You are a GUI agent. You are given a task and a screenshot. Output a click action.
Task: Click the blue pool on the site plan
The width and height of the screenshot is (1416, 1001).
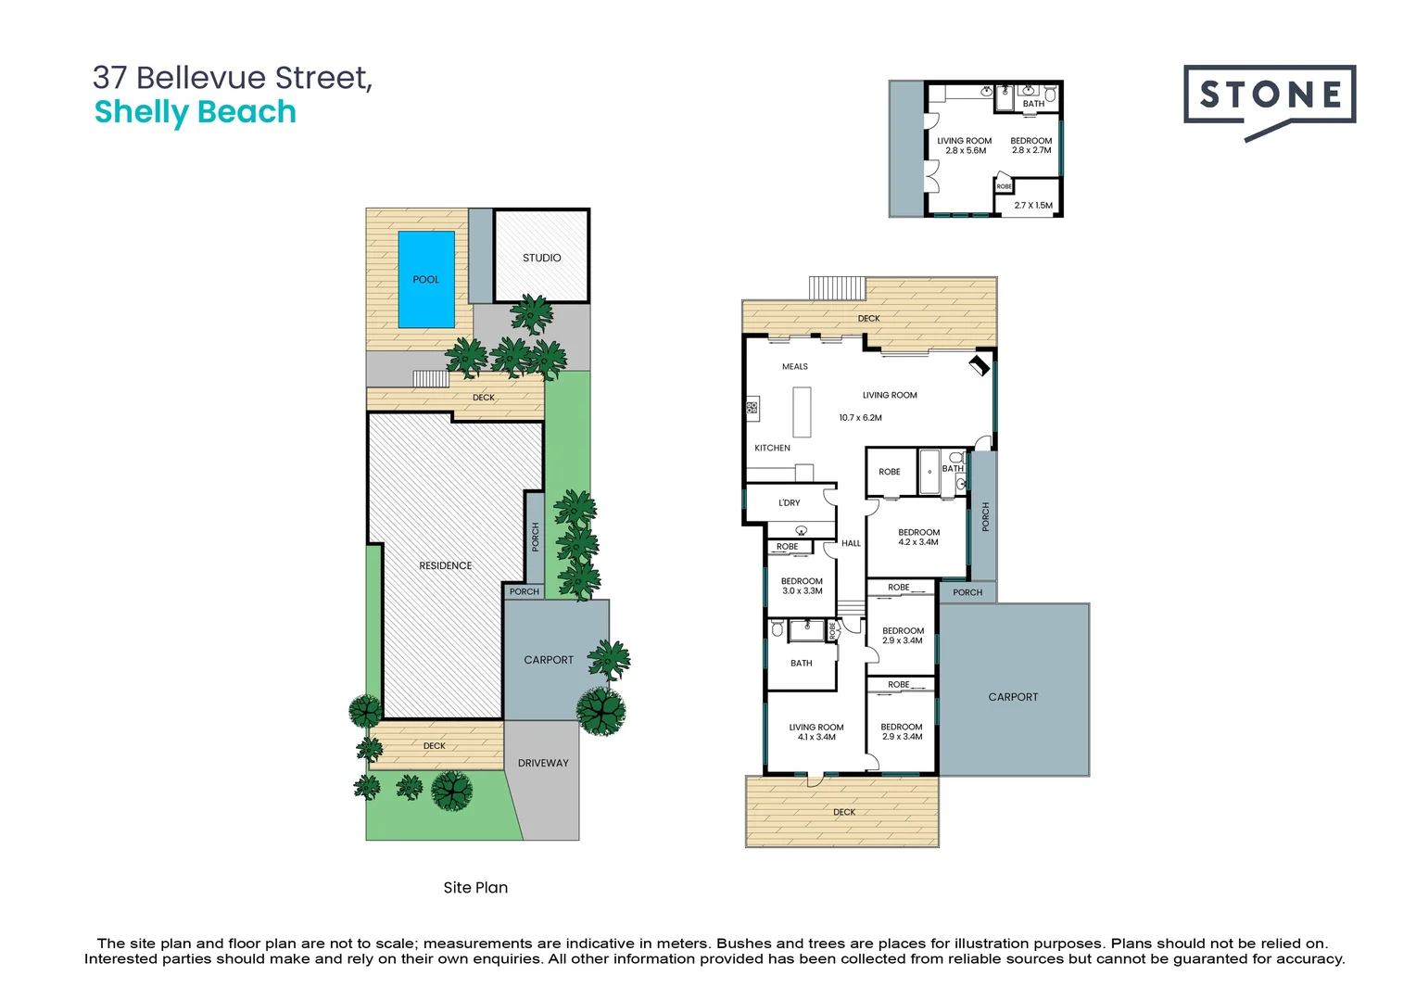coord(426,279)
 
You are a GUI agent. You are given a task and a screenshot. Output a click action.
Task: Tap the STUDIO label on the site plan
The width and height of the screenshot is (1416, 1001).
coord(541,258)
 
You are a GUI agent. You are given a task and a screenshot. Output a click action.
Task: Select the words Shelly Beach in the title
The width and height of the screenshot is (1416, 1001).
coord(196,112)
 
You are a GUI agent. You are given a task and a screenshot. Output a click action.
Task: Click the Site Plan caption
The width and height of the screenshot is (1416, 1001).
coord(475,887)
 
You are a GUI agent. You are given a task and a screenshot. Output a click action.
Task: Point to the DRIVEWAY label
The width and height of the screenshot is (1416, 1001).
coord(543,763)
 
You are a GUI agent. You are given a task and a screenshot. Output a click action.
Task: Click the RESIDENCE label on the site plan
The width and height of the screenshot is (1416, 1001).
coord(445,565)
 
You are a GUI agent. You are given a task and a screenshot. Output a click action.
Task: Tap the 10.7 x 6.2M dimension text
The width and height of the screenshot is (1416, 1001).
coord(860,418)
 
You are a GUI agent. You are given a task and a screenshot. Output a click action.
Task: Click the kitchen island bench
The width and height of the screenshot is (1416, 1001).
coord(802,412)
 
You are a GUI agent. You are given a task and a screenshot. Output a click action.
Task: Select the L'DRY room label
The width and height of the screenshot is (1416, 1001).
coord(790,502)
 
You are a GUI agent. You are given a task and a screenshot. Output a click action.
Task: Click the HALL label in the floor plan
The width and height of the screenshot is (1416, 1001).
coord(851,543)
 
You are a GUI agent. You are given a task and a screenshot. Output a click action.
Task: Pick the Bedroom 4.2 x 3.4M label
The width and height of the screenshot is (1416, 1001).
coord(918,538)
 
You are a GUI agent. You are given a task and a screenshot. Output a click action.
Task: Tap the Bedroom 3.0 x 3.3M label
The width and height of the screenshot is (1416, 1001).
coord(802,586)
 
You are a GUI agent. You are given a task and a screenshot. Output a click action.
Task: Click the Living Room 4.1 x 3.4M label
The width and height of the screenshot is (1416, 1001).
coord(816,732)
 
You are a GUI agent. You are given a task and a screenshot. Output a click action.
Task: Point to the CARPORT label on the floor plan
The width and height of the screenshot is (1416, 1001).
coord(1013,697)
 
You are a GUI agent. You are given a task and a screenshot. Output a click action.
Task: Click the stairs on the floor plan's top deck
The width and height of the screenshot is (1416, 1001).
coord(837,287)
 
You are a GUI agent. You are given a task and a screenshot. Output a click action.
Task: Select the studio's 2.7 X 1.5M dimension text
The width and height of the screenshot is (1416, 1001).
coord(1033,205)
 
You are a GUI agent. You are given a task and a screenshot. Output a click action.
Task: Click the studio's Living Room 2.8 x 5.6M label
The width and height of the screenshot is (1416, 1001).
coord(965,146)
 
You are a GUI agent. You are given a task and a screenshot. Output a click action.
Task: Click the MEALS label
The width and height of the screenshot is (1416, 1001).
coord(795,366)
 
